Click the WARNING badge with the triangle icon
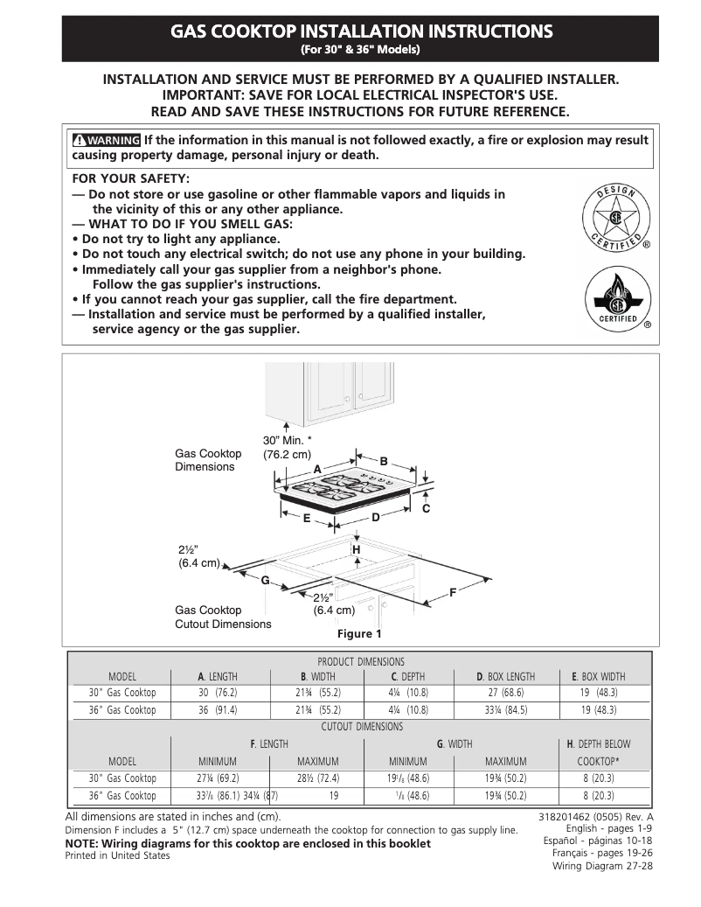[x=106, y=140]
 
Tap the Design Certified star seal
[x=615, y=217]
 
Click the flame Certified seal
[x=615, y=300]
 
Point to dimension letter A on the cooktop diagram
[x=318, y=470]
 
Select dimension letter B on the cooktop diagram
[x=383, y=460]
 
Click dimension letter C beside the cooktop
[x=426, y=508]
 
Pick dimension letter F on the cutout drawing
[x=453, y=593]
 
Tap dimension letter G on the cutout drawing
[x=263, y=580]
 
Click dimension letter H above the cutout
[x=356, y=548]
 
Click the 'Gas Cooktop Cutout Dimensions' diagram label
[x=223, y=617]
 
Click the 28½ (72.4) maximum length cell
[x=317, y=778]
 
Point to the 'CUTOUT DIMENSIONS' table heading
[x=362, y=727]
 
